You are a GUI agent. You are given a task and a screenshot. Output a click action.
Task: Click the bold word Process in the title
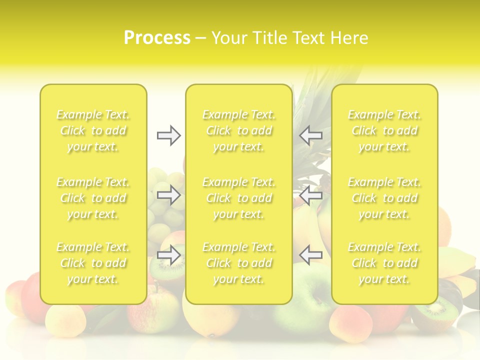coord(157,38)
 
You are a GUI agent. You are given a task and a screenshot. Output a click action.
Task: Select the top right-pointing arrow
coord(168,135)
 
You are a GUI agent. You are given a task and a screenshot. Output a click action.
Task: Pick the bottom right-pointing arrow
coord(168,254)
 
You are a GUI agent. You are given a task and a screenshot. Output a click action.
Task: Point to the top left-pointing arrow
coord(310,135)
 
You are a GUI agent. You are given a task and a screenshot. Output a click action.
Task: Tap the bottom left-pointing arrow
coord(310,254)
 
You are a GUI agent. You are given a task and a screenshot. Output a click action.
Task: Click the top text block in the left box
coord(93,131)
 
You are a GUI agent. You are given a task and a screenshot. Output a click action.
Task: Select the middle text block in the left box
coord(93,198)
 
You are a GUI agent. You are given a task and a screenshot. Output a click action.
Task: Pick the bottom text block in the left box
coord(93,263)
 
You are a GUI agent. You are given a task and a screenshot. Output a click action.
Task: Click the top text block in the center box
coord(238,131)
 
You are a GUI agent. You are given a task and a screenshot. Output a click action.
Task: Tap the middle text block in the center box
coord(238,198)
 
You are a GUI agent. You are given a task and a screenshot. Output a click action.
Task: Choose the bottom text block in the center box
coord(238,263)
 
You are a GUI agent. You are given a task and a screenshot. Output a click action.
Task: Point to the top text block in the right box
coord(384,131)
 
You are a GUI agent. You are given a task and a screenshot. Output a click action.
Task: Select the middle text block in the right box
coord(384,198)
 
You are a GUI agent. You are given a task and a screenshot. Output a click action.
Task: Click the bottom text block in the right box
coord(384,263)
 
